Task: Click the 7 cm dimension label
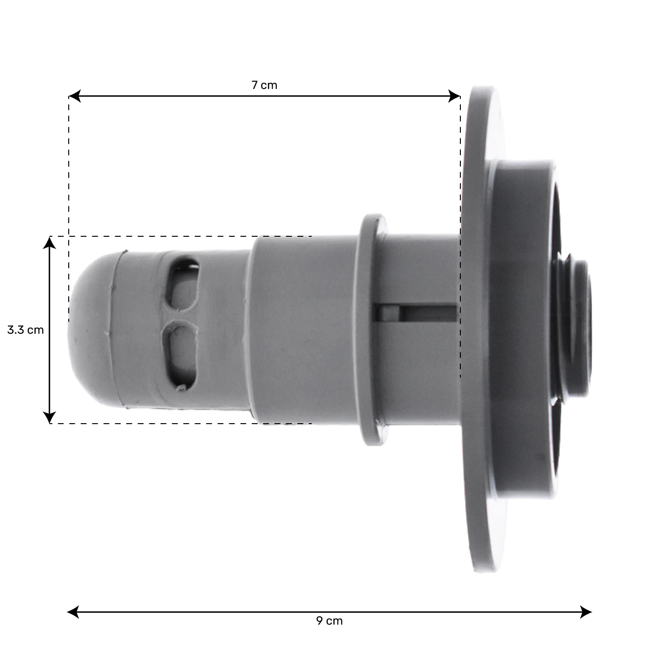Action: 265,85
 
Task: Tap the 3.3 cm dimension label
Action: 25,330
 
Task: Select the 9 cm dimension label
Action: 329,621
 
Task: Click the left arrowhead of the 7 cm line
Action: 74,96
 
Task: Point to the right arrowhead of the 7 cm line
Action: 454,96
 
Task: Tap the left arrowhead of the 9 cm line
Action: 73,612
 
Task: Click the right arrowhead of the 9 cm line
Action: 586,612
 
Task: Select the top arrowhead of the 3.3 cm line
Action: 49,243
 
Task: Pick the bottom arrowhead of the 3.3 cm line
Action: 49,417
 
